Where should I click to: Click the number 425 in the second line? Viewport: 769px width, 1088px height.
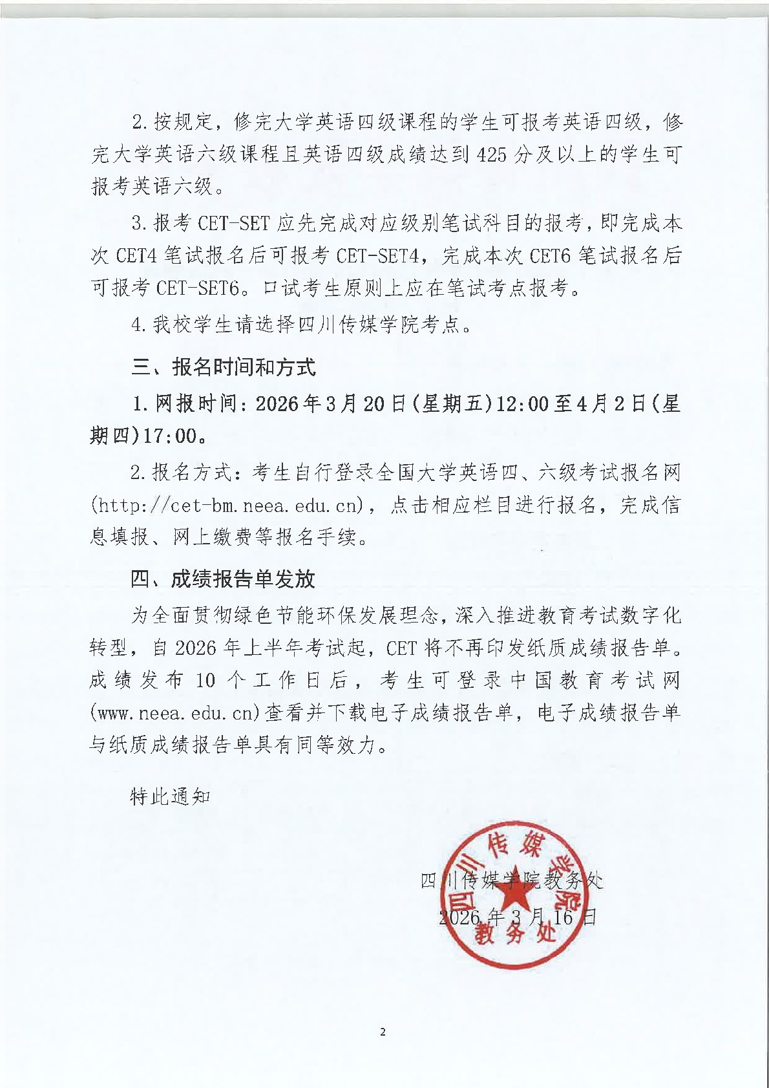[491, 155]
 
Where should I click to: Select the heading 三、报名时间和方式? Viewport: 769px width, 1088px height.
[224, 367]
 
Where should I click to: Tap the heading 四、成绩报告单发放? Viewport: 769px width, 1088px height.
[223, 579]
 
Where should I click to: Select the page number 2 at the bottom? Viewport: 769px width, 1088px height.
[383, 1032]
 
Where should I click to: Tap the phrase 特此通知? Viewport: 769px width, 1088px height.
[171, 796]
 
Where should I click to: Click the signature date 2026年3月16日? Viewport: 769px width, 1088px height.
[517, 917]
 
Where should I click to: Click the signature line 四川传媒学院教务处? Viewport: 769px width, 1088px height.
[511, 880]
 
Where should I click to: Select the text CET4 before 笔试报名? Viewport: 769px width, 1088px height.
[136, 256]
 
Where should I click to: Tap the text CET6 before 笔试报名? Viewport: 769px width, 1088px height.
[550, 256]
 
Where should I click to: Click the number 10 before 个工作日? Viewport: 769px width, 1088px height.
[205, 680]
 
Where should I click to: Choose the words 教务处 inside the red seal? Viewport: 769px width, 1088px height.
[514, 933]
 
